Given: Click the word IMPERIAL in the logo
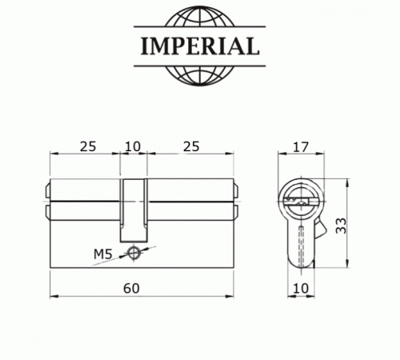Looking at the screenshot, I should click(x=200, y=46).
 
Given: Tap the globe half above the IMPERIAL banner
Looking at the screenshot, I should click(x=200, y=20).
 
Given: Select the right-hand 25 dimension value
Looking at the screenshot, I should click(x=191, y=146).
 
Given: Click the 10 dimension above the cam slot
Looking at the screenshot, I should click(x=134, y=146).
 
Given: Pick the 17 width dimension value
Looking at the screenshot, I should click(x=301, y=146).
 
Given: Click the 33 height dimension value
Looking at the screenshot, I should click(x=342, y=227).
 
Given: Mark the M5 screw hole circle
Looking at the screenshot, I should click(x=134, y=254).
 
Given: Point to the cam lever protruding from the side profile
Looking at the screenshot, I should click(x=321, y=232).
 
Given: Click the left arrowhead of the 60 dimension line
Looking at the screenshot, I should click(x=54, y=296).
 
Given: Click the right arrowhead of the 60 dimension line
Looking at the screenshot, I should click(x=233, y=296).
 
